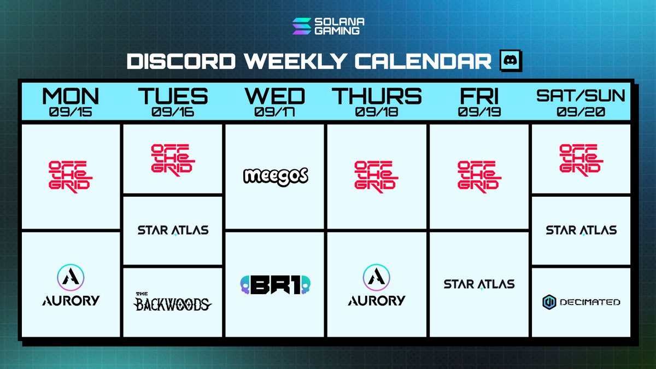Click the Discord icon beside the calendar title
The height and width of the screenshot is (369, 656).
(511, 61)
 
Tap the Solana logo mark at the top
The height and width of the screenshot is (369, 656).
(302, 26)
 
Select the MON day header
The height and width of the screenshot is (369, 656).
(71, 96)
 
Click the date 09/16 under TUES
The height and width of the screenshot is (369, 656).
(173, 112)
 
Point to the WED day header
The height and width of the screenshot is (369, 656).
(274, 96)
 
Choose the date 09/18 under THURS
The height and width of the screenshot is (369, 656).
(377, 112)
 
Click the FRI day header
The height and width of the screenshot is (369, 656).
(479, 96)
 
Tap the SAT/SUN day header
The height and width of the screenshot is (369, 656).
(581, 96)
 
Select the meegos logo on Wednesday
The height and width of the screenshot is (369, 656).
(276, 177)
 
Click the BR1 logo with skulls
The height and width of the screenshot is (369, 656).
(276, 285)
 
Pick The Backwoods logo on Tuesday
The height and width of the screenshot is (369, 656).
(173, 302)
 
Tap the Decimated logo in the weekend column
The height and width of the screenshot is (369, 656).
(581, 302)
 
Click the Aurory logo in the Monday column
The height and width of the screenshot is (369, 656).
(71, 285)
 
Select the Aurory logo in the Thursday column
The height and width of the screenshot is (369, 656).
(377, 285)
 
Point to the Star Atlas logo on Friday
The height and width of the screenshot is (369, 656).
(479, 284)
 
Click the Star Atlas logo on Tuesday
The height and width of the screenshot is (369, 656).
(173, 230)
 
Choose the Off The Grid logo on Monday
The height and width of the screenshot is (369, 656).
(71, 177)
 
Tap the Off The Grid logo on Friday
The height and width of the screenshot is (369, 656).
(479, 177)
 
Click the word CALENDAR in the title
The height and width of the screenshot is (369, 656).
(423, 61)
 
